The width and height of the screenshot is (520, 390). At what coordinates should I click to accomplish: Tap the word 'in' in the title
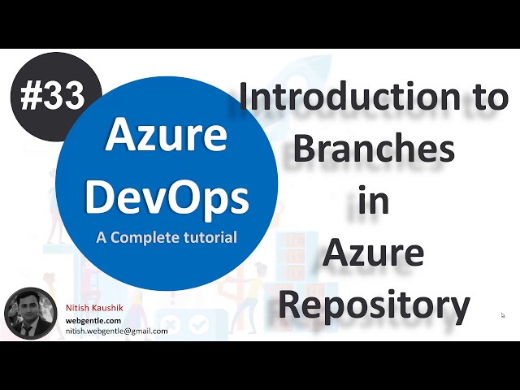pos(373,201)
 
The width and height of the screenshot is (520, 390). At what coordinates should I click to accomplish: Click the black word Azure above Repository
pos(373,254)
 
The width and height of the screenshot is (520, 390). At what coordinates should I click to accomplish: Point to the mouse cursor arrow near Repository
pos(503,315)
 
